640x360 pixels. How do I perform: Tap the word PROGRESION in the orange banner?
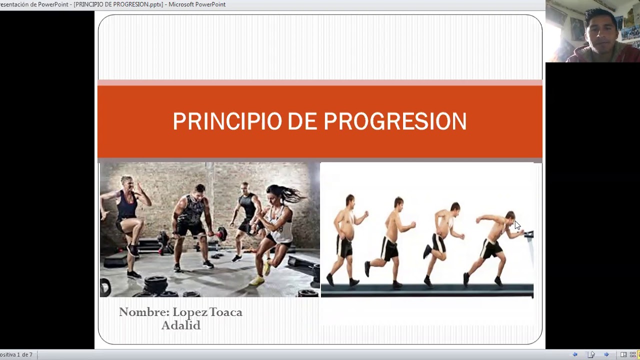click(395, 121)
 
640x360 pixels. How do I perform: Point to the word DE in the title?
click(302, 121)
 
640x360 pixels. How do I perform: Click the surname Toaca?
click(225, 312)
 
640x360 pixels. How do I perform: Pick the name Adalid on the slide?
click(181, 325)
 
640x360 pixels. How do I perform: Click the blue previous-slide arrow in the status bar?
click(575, 354)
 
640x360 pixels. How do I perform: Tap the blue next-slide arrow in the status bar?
click(606, 354)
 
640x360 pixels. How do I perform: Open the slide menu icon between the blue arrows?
click(591, 354)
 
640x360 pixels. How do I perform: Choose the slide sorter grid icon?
click(632, 354)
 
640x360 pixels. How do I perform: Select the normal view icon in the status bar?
click(623, 354)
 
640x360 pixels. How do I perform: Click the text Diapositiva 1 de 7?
click(16, 354)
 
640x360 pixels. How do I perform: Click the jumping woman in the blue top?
click(125, 215)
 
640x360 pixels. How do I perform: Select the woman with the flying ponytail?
click(277, 225)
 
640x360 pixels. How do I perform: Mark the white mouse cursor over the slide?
click(517, 225)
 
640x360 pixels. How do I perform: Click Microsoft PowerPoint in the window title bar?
click(197, 4)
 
